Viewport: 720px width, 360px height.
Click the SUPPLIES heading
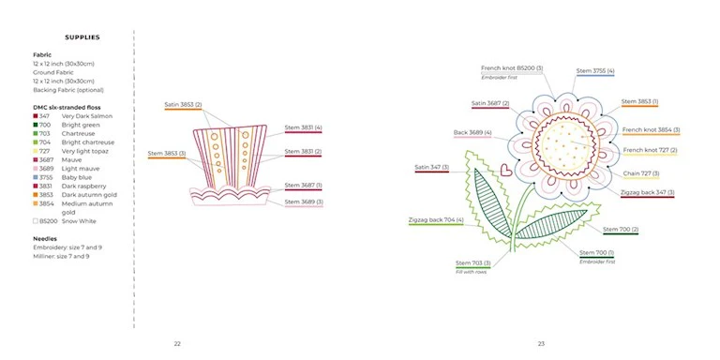[82, 37]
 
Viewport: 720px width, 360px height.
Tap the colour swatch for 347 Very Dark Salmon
[36, 116]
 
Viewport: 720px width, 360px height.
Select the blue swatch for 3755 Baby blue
[36, 177]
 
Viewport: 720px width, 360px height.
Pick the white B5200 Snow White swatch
[36, 221]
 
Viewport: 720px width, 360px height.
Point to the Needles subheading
[45, 239]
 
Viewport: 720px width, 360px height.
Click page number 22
[177, 343]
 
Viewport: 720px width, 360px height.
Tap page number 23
[541, 343]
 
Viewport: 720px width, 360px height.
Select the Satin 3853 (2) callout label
[183, 105]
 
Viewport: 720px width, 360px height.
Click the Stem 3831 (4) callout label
[303, 127]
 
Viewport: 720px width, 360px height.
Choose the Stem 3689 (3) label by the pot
[304, 202]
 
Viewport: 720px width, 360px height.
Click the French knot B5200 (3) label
[512, 68]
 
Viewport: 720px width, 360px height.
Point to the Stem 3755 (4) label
[595, 71]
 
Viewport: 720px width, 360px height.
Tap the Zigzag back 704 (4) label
[436, 220]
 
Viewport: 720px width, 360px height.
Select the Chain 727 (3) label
[641, 173]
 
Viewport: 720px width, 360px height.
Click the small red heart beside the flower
[505, 170]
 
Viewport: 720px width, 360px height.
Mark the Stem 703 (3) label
[472, 263]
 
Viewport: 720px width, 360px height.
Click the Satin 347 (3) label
[431, 168]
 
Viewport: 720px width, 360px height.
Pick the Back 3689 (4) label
[472, 133]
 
